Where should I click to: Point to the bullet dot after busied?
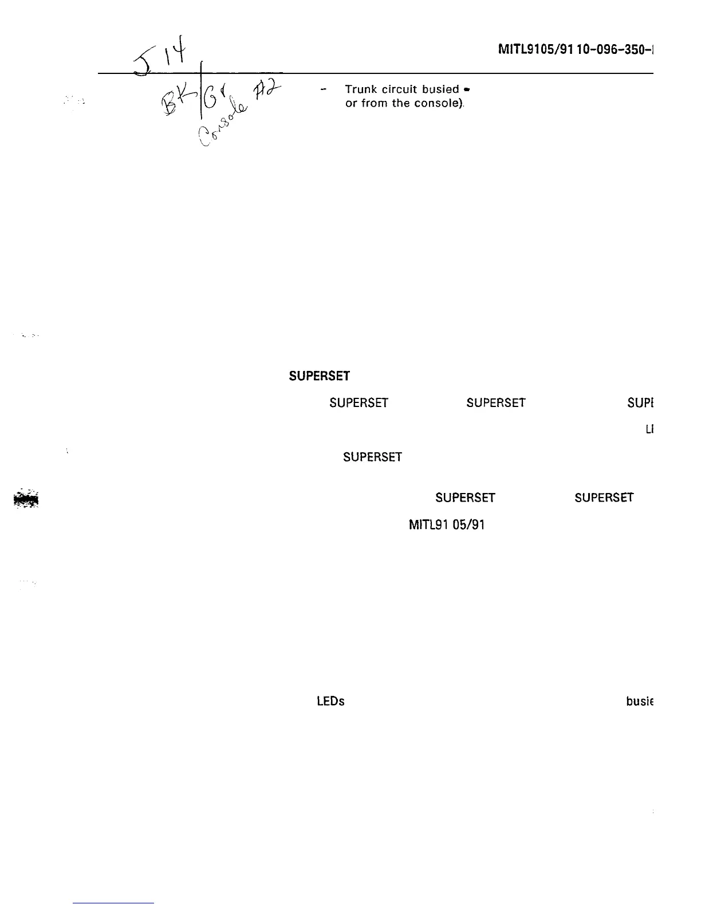(468, 90)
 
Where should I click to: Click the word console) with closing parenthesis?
(439, 104)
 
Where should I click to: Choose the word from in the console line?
(374, 104)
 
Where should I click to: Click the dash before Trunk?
(324, 89)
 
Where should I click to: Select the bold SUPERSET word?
(319, 377)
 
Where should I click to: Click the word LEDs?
(330, 702)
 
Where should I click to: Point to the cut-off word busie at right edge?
(640, 702)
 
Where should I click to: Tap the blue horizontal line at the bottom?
(114, 903)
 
